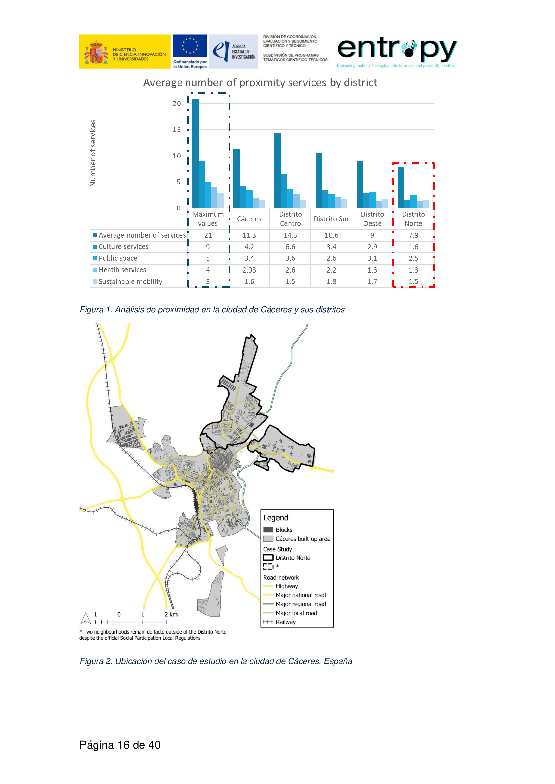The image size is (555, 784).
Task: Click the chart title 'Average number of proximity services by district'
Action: point(260,83)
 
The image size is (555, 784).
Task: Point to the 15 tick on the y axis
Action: point(176,130)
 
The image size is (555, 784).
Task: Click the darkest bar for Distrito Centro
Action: point(277,170)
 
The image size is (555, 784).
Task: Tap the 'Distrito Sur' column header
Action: point(331,219)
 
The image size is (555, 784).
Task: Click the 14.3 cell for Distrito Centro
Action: point(290,235)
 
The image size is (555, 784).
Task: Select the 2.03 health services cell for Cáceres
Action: point(249,270)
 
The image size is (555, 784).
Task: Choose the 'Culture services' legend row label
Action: point(123,247)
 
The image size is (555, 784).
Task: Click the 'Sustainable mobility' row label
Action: point(130,282)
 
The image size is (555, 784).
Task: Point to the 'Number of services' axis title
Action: point(93,153)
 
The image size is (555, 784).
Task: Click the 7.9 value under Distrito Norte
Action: point(413,235)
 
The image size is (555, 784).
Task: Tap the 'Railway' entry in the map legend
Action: point(285,622)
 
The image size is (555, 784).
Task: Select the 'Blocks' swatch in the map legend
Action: point(268,530)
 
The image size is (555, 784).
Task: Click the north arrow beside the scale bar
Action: point(85,618)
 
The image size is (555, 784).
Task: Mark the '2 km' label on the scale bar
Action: point(171,615)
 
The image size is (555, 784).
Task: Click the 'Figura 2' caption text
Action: point(216,661)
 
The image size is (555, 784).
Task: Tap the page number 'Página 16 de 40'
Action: point(120,745)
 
